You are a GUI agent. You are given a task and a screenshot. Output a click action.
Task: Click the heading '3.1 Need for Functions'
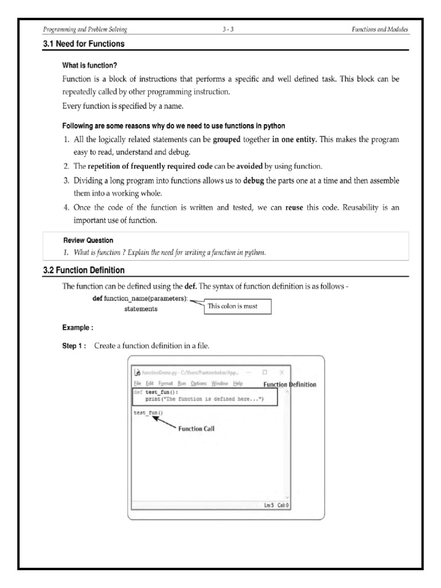coord(84,44)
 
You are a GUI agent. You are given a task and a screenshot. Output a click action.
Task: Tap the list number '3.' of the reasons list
coord(67,181)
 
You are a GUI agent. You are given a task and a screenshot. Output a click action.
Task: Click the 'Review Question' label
coord(88,240)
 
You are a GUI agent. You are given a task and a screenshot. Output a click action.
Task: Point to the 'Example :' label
coord(78,328)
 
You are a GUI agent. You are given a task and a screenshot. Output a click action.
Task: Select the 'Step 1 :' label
coord(74,346)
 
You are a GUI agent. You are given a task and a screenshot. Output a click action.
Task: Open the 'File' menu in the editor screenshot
coord(137,384)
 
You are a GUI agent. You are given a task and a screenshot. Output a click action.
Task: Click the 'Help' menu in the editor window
coord(238,384)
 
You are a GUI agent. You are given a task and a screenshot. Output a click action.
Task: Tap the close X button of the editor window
coord(281,372)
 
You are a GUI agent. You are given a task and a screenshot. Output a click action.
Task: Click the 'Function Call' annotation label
coord(197,428)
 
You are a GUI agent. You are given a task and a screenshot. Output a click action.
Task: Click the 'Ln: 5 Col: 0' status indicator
coord(276,505)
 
